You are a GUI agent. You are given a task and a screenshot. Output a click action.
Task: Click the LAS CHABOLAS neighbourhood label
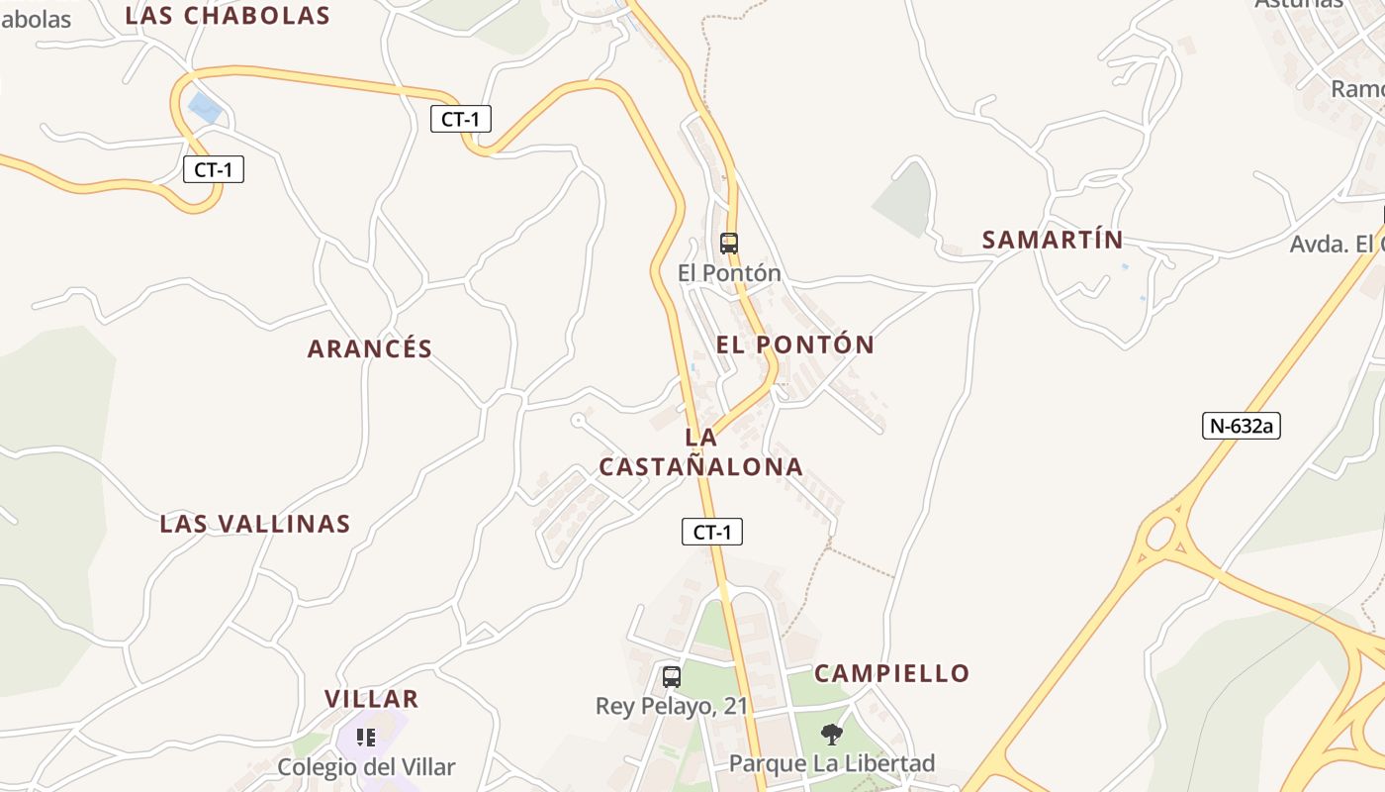click(228, 15)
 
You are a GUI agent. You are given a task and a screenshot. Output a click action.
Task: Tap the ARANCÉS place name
click(370, 348)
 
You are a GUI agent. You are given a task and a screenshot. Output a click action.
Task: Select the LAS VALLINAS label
click(255, 524)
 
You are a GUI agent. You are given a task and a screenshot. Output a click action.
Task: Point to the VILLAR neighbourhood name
click(372, 699)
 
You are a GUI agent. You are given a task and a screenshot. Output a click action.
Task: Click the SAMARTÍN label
click(1053, 240)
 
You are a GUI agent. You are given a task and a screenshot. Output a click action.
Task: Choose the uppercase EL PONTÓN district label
click(795, 345)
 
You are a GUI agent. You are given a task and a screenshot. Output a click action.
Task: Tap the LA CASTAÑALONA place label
click(701, 452)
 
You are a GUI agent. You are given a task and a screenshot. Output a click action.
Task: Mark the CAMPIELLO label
click(891, 673)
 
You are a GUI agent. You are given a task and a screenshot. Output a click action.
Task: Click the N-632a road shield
click(1242, 426)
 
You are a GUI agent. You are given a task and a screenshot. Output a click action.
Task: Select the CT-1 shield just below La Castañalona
click(711, 532)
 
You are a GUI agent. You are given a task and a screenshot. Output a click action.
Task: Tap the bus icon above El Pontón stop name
click(729, 243)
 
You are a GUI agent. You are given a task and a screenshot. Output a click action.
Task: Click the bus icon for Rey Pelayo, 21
click(672, 677)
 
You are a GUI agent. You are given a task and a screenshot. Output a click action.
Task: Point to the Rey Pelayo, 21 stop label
click(672, 706)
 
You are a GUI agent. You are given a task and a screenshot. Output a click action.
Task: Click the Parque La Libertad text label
click(831, 763)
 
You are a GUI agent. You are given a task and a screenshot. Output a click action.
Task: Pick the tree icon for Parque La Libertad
click(832, 734)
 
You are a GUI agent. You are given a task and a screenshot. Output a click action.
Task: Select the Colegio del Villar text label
click(366, 767)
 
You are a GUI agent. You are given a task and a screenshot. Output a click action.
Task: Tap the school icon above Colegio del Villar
click(366, 738)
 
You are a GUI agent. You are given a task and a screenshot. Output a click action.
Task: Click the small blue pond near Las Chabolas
click(204, 107)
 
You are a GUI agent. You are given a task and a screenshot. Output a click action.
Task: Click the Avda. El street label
click(1336, 244)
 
